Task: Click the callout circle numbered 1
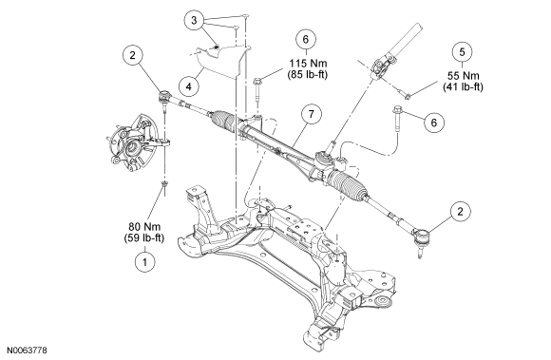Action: (144, 261)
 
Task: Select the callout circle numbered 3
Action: (194, 20)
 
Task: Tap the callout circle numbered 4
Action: (189, 86)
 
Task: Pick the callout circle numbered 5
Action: (462, 52)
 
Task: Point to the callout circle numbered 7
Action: (311, 114)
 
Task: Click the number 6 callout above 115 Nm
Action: (306, 39)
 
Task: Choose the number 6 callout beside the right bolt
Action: (434, 123)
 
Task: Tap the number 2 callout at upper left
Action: (132, 55)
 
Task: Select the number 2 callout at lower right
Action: (460, 211)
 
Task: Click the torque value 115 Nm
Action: (308, 64)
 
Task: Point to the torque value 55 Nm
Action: (464, 76)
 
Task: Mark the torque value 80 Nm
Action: (144, 226)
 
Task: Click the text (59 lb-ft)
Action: (144, 237)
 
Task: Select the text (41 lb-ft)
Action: (463, 86)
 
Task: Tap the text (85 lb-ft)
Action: (308, 74)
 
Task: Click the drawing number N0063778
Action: (27, 351)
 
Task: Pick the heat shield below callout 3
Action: (219, 63)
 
